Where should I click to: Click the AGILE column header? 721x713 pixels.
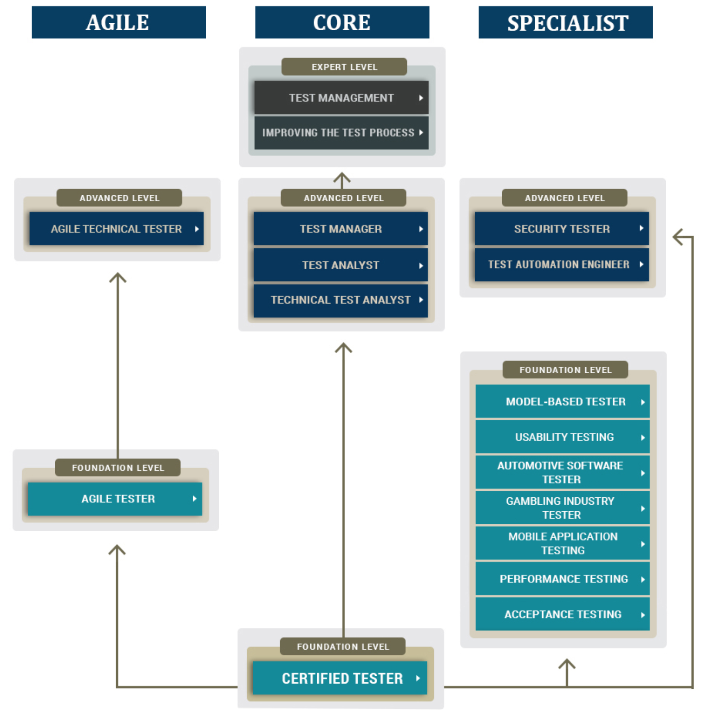click(118, 22)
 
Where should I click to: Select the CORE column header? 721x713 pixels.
click(342, 22)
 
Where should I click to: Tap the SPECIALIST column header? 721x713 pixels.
click(565, 22)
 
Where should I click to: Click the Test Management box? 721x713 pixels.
click(341, 98)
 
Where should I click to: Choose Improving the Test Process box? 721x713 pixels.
click(341, 133)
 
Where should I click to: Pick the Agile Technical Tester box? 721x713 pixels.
click(116, 229)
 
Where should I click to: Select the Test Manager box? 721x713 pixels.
click(341, 229)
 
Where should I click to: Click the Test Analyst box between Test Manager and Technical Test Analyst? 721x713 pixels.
click(341, 265)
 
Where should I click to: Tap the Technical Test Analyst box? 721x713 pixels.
click(341, 300)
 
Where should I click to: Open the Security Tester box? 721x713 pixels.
click(562, 229)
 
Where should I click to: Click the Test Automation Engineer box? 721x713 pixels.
click(562, 264)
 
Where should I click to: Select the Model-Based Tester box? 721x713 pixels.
click(563, 402)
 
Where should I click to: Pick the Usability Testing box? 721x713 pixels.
click(563, 437)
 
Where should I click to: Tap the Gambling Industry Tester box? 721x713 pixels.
click(563, 508)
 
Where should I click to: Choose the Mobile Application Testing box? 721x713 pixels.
click(563, 543)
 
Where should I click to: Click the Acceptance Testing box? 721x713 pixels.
click(563, 614)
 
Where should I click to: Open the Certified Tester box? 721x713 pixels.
click(340, 678)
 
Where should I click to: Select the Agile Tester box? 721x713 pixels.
click(115, 499)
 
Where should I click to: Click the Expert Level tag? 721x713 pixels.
click(344, 67)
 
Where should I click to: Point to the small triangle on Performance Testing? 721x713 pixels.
click(643, 580)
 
